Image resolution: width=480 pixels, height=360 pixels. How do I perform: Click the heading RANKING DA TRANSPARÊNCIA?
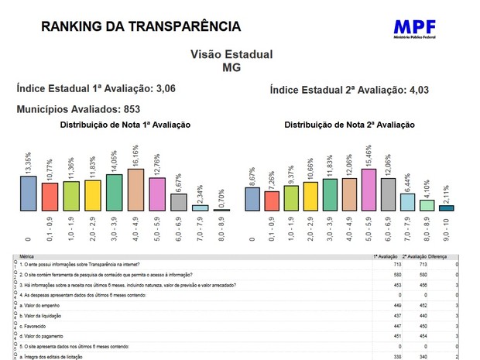pos(141,26)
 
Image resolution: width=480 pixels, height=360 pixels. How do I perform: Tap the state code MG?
pos(231,67)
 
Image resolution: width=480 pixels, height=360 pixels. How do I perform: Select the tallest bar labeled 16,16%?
pos(135,190)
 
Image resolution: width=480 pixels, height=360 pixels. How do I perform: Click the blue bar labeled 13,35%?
pos(29,193)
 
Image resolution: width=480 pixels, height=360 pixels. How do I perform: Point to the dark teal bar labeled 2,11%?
pos(447,207)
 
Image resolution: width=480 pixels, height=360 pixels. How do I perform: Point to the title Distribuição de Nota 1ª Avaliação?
pos(125,125)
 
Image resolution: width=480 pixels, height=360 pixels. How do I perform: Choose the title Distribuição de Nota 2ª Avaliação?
pos(349,125)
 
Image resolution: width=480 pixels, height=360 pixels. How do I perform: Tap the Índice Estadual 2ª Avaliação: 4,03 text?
pos(349,90)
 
